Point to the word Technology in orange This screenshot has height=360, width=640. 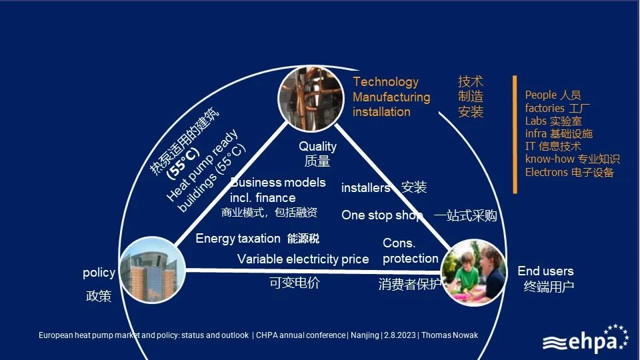pyautogui.click(x=385, y=82)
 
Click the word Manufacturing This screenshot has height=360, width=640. pyautogui.click(x=391, y=97)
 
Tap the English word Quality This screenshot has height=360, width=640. pyautogui.click(x=317, y=147)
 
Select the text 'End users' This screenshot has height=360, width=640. pyautogui.click(x=545, y=271)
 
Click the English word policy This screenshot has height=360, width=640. pyautogui.click(x=99, y=273)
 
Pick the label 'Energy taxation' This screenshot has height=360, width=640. pyautogui.click(x=237, y=239)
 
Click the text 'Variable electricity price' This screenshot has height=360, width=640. pyautogui.click(x=303, y=259)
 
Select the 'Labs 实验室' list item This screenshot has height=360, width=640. pyautogui.click(x=553, y=121)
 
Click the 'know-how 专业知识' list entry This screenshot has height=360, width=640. pyautogui.click(x=572, y=159)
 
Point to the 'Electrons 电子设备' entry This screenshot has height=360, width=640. pyautogui.click(x=569, y=173)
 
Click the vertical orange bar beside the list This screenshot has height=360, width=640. pyautogui.click(x=515, y=134)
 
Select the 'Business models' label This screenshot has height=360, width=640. pyautogui.click(x=278, y=183)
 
